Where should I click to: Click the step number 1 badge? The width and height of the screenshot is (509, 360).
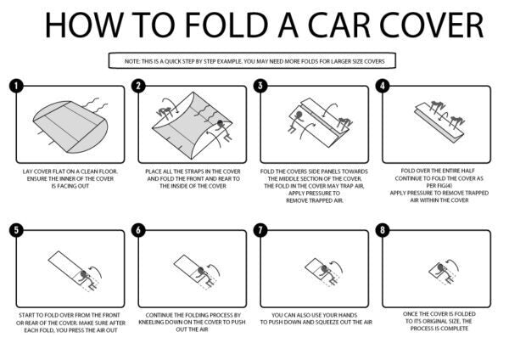(x=15, y=86)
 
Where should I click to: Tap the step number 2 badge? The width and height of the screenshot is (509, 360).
(x=140, y=86)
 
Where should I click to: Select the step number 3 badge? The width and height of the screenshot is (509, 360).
(x=261, y=86)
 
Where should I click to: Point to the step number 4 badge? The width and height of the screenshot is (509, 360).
(x=383, y=86)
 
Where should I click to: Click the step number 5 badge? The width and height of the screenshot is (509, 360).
(x=15, y=229)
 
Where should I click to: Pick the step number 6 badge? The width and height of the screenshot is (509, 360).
(x=140, y=229)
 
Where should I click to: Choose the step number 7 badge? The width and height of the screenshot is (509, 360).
(x=261, y=229)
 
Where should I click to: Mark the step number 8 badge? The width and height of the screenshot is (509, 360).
(x=383, y=229)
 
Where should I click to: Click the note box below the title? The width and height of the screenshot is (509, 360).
(x=254, y=60)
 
